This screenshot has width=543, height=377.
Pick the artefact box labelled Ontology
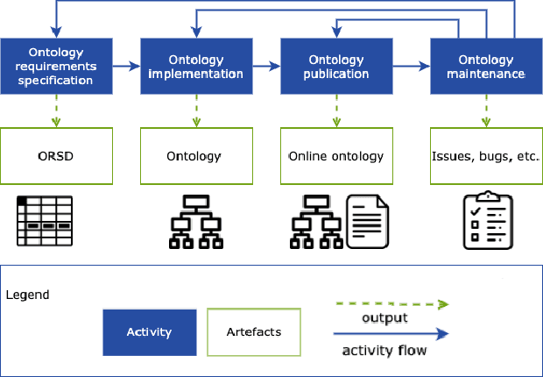[194, 157]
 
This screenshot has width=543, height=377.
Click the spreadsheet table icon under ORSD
[45, 221]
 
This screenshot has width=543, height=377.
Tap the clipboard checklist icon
[487, 221]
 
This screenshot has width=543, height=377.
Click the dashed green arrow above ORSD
[56, 111]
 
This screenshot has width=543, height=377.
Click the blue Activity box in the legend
[149, 332]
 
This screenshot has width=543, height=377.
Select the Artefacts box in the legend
[254, 332]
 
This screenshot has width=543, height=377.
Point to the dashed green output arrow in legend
[391, 304]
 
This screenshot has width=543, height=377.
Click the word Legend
[27, 295]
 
